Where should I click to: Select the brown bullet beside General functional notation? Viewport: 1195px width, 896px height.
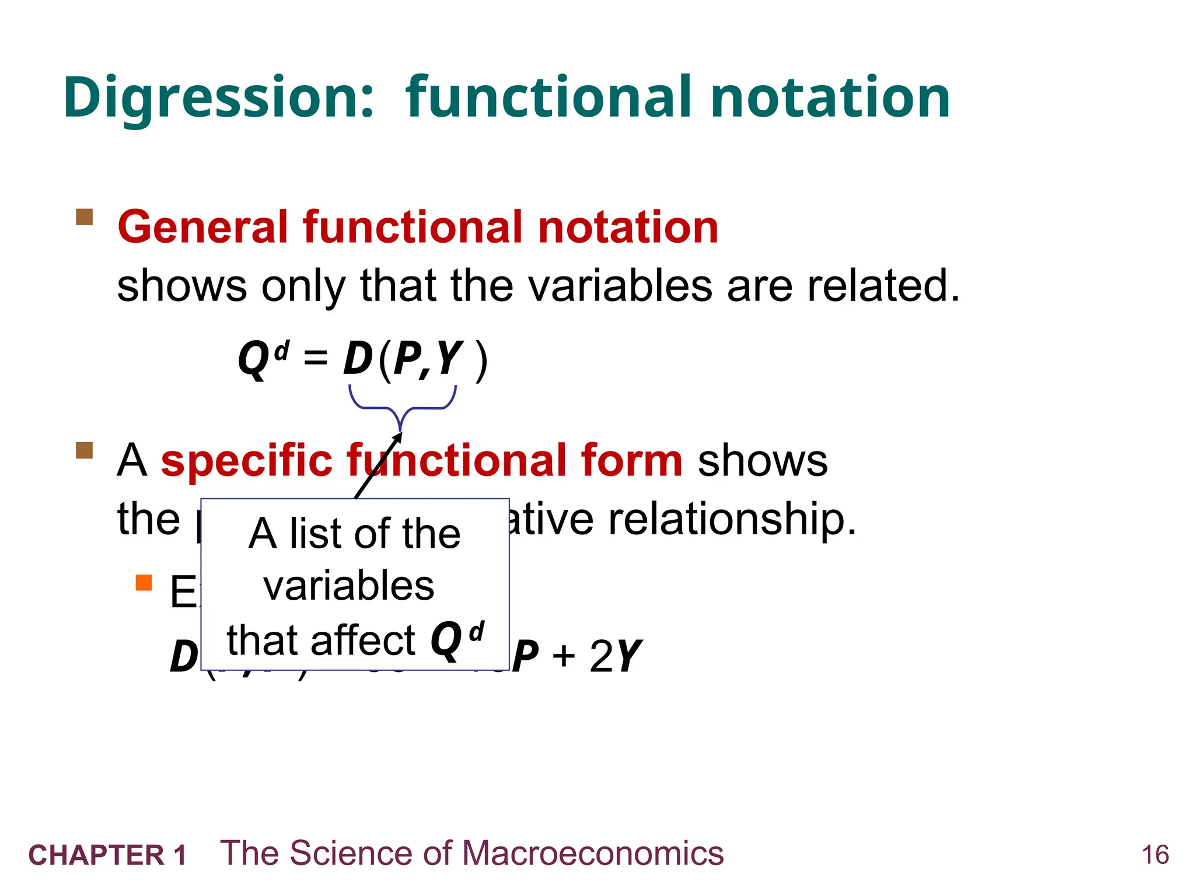pyautogui.click(x=85, y=218)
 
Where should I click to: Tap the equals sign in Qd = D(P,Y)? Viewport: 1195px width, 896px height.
pyautogui.click(x=316, y=357)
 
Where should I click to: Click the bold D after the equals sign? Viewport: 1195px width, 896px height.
pyautogui.click(x=357, y=359)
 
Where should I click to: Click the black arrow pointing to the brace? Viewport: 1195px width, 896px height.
pyautogui.click(x=378, y=467)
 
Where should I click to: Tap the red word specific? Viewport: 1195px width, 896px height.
pyautogui.click(x=246, y=461)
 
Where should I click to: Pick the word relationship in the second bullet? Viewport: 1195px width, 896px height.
pyautogui.click(x=732, y=519)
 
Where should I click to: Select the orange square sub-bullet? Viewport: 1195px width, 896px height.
pyautogui.click(x=144, y=583)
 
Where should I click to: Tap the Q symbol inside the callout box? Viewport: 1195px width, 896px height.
pyautogui.click(x=446, y=640)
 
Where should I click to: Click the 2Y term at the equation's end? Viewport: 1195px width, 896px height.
pyautogui.click(x=615, y=657)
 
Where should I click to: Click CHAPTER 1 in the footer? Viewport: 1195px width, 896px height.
pyautogui.click(x=107, y=855)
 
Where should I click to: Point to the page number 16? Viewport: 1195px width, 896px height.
pyautogui.click(x=1155, y=855)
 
